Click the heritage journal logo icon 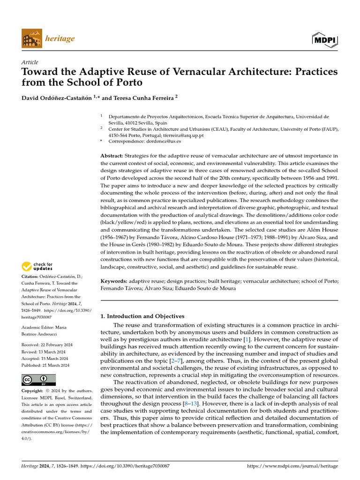tap(31, 38)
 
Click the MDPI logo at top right tap(324, 39)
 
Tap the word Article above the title tap(30, 62)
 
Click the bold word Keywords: tap(114, 281)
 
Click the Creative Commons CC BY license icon tap(38, 380)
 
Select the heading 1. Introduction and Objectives tap(142, 316)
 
